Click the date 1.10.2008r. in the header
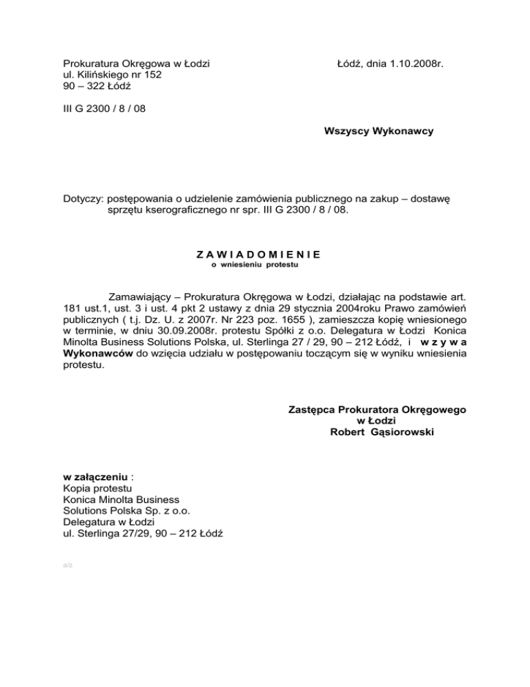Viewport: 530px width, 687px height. pyautogui.click(x=411, y=64)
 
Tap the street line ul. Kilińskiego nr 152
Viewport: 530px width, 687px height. pyautogui.click(x=112, y=75)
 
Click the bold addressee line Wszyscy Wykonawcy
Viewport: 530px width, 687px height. pyautogui.click(x=378, y=131)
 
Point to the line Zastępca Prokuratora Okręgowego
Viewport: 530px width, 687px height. pyautogui.click(x=377, y=409)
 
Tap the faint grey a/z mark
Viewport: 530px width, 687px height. pyautogui.click(x=67, y=565)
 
